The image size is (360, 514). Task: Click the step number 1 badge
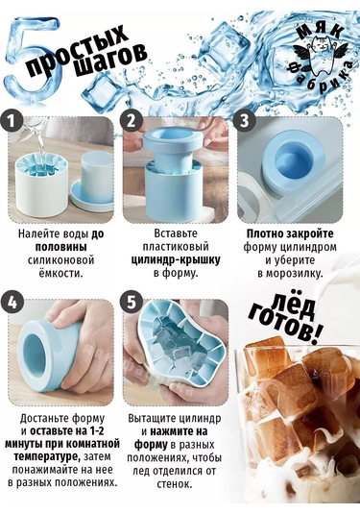coord(12,122)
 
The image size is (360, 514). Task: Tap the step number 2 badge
coord(131,121)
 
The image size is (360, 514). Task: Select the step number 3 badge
coord(245,120)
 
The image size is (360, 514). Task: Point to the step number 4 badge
coord(12,303)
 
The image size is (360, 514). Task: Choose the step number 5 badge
coord(131,302)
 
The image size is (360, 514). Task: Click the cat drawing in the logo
coord(321,57)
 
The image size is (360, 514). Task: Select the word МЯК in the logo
coord(321,31)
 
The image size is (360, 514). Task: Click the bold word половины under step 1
coord(61,247)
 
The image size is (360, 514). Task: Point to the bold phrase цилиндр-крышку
coord(176,259)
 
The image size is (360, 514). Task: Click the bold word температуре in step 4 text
coord(47,456)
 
